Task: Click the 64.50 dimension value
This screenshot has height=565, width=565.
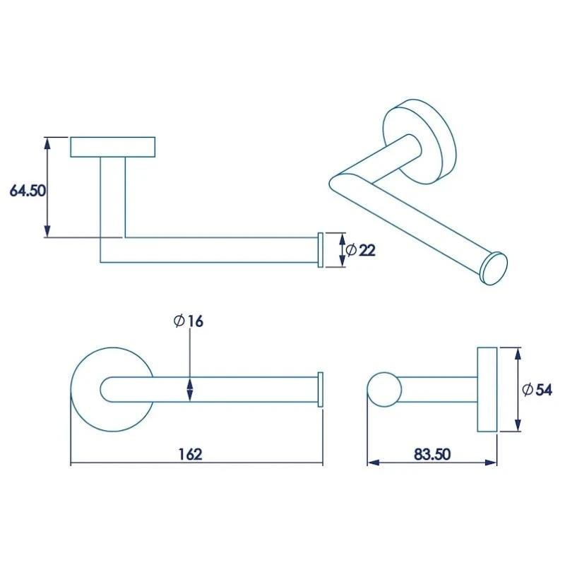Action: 27,190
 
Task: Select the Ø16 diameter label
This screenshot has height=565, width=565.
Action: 189,321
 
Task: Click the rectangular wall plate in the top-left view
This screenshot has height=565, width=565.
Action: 113,147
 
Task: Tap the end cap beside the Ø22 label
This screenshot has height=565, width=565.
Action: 320,250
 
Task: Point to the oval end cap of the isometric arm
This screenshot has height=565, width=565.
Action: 494,268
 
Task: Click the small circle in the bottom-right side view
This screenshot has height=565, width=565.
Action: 385,389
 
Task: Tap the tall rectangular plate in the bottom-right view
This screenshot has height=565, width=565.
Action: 487,389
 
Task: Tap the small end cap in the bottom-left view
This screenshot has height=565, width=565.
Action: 321,389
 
